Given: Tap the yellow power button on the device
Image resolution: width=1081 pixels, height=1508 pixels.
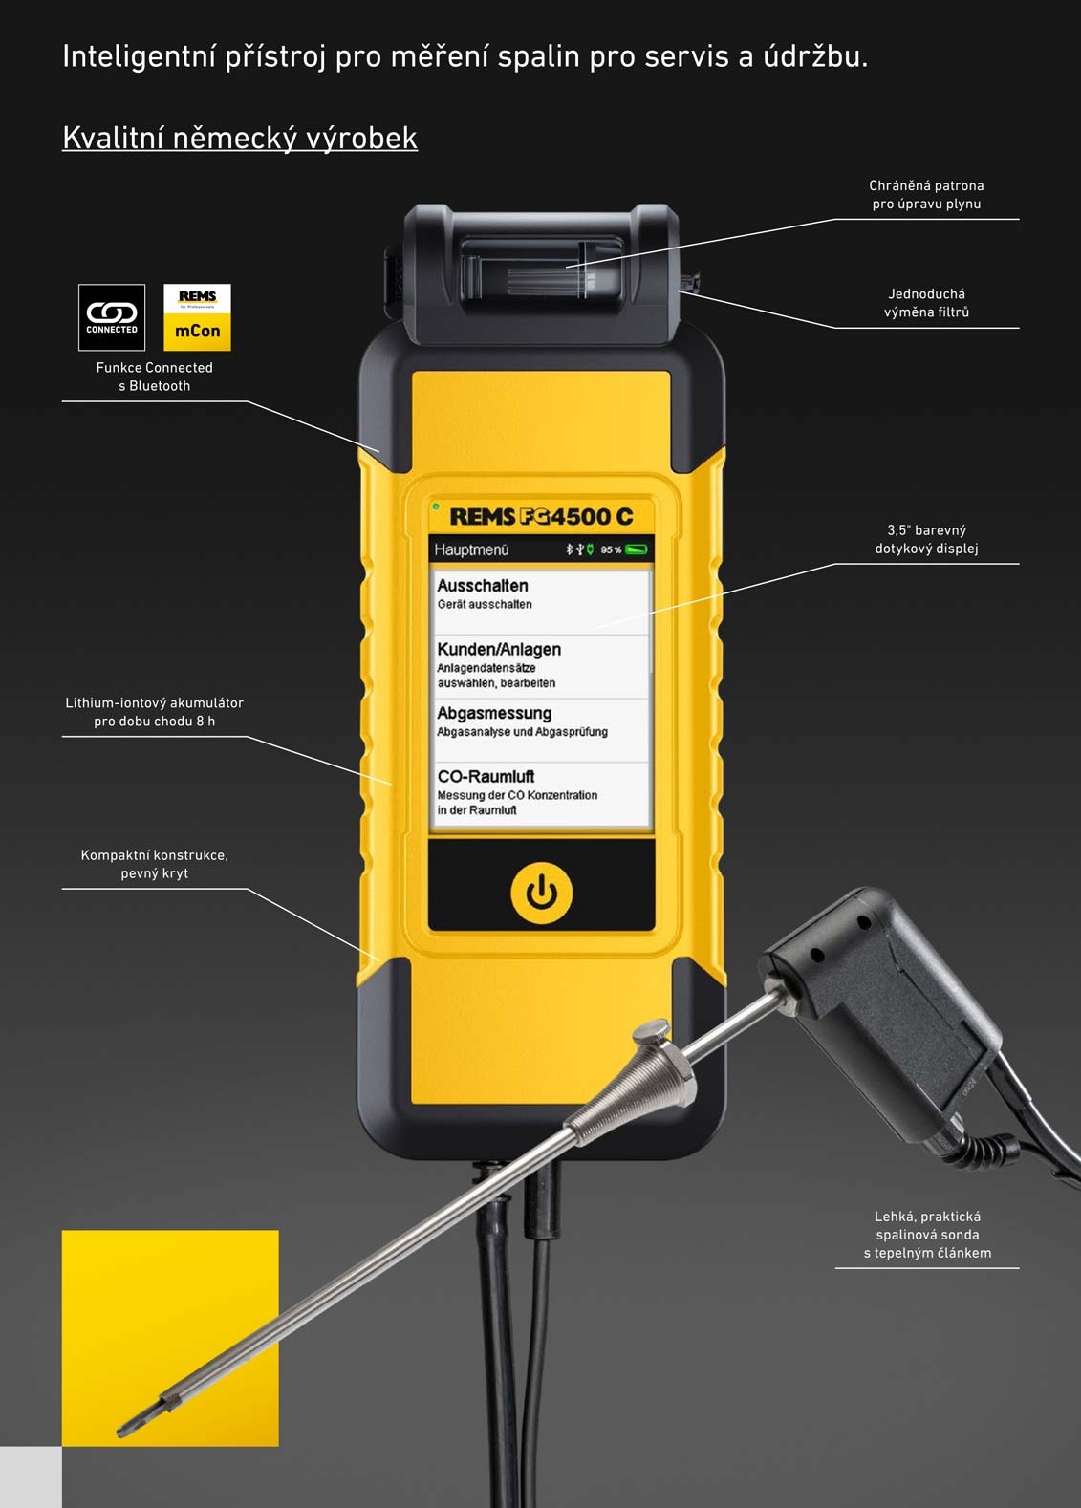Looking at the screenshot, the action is click(542, 893).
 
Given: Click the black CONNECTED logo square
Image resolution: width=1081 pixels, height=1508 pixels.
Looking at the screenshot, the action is click(112, 317).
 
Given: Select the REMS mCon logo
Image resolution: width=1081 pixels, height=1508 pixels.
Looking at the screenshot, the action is click(197, 317).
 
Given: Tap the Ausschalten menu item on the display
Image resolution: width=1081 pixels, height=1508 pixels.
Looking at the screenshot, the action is click(540, 602).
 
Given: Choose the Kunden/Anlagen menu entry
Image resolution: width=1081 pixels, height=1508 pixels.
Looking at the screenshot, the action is click(540, 666).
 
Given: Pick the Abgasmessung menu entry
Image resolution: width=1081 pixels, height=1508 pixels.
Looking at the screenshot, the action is click(540, 730).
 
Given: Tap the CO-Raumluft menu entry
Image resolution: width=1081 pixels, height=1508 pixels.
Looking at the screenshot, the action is click(540, 794).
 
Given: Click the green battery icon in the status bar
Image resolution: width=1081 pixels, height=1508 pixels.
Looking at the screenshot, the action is click(637, 549).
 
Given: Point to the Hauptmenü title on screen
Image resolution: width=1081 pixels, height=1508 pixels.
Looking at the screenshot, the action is click(471, 550).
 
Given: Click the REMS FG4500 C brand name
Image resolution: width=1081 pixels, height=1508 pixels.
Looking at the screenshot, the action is click(542, 516).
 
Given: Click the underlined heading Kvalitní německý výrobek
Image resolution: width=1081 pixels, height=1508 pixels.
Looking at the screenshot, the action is click(240, 139).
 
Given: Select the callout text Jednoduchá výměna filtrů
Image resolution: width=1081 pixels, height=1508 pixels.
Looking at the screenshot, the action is click(927, 303).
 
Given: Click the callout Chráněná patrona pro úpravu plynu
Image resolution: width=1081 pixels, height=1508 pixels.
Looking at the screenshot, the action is click(927, 195).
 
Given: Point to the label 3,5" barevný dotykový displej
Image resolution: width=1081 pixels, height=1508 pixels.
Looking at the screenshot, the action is click(927, 539).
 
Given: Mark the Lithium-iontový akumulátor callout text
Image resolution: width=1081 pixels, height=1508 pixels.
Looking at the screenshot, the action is click(154, 712).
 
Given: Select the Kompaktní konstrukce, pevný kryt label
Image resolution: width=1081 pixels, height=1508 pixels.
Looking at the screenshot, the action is click(154, 864).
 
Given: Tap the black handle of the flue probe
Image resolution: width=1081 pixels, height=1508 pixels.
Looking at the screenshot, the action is click(882, 1010).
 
